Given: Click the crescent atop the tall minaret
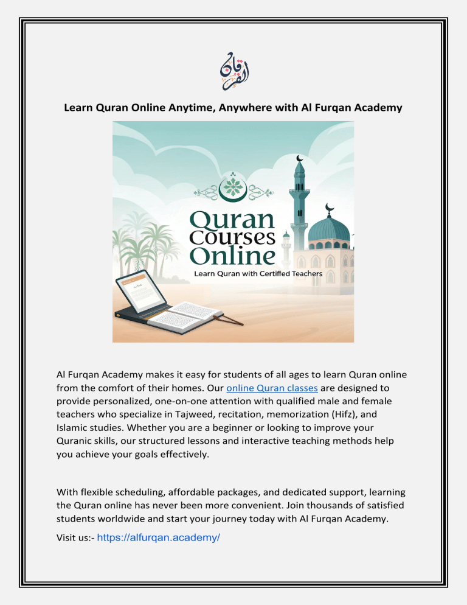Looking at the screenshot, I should [x=299, y=159].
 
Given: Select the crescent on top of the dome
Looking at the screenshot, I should [x=330, y=208].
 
